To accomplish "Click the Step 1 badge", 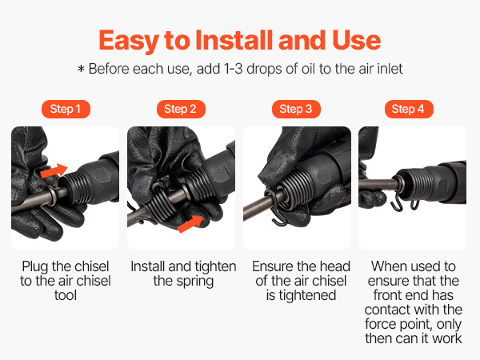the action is pos(66,109).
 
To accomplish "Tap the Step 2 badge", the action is pos(181,109).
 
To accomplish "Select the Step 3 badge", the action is pos(296,109).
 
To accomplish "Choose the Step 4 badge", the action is pos(409,109).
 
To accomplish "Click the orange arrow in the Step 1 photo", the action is pos(54,170).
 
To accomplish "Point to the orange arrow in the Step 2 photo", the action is pos(190,223).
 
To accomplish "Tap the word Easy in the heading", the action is pos(129,42).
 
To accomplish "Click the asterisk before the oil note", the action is pos(81,69).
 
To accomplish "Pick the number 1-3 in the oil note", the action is pos(234,69).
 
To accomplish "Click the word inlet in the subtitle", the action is pos(390,69).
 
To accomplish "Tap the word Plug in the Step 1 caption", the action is pos(35,267).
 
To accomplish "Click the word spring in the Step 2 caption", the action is pos(197,282).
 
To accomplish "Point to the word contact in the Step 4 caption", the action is pos(386,310).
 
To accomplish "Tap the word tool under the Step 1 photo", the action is pos(66,295).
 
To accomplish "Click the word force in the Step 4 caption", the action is pos(379,324).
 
